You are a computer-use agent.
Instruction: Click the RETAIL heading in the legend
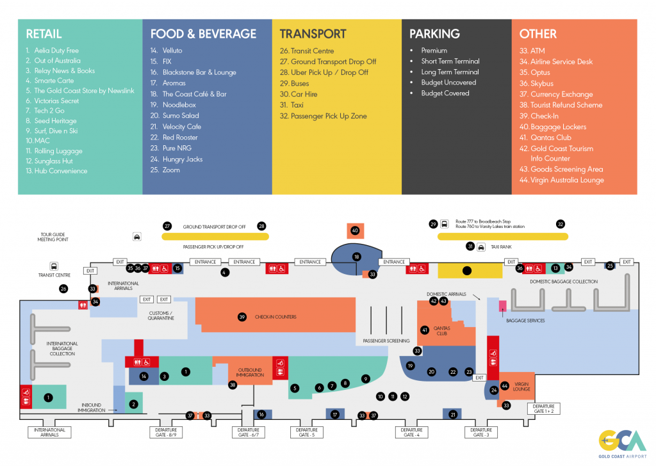[x=44, y=34]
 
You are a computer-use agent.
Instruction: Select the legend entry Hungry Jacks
[x=183, y=159]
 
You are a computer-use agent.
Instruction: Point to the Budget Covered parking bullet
[x=445, y=93]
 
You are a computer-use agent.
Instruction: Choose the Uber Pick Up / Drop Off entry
[x=329, y=72]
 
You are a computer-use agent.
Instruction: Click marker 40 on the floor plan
[x=355, y=230]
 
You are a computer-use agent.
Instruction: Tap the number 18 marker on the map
[x=357, y=257]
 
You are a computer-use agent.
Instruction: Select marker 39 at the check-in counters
[x=242, y=317]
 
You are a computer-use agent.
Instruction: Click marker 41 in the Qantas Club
[x=425, y=330]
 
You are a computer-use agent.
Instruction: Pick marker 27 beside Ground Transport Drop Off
[x=167, y=227]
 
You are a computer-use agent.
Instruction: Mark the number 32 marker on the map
[x=561, y=224]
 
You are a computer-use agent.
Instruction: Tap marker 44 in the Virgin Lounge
[x=505, y=386]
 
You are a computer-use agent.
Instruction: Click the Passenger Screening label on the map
[x=386, y=341]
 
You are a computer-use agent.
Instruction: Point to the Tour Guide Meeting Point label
[x=54, y=237]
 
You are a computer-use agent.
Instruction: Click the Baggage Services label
[x=525, y=321]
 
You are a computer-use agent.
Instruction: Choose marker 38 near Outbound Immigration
[x=233, y=385]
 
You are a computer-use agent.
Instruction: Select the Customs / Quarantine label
[x=160, y=316]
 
